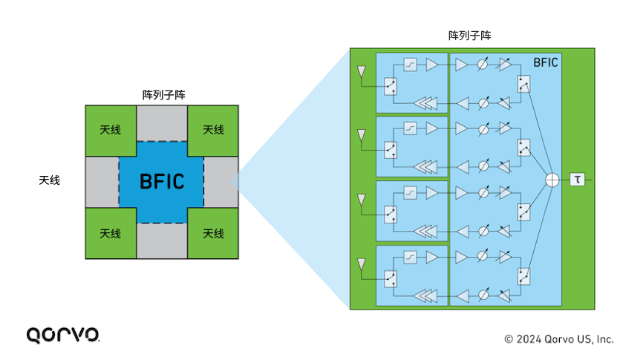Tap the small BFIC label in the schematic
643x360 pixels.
tap(546, 62)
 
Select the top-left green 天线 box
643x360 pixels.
tap(111, 130)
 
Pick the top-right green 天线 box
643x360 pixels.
tap(213, 130)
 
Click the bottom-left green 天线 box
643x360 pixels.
tap(111, 233)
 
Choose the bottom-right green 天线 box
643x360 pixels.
tap(213, 233)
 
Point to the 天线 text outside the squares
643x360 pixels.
tap(50, 180)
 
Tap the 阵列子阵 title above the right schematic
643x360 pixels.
tap(469, 35)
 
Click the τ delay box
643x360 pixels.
tap(577, 180)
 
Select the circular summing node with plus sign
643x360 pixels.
tap(553, 180)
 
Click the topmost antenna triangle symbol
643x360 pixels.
tap(361, 71)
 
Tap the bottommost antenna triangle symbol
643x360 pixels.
tap(361, 264)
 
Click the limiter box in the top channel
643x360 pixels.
tap(410, 65)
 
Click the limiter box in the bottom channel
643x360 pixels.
tap(410, 258)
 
